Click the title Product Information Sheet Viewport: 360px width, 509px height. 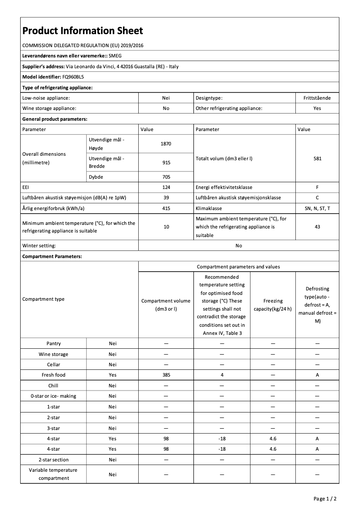[83, 31]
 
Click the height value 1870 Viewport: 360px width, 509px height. [166, 144]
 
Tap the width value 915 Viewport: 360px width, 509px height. [166, 163]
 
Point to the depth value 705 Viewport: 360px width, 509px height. [166, 177]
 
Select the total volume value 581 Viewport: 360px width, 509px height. [317, 158]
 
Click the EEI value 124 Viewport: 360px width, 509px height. [166, 187]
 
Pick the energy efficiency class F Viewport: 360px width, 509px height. [317, 187]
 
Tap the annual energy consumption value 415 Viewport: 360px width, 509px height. [166, 209]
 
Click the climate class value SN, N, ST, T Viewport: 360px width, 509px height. [317, 209]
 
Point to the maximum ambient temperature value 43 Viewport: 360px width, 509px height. [317, 227]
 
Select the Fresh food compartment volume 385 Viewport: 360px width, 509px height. [166, 375]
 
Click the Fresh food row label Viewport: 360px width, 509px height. [53, 375]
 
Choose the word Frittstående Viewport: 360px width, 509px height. [317, 97]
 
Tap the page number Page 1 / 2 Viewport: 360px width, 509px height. [325, 499]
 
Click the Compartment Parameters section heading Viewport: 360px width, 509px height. [52, 256]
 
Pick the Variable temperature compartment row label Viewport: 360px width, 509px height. [53, 474]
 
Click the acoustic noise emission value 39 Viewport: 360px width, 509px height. [166, 198]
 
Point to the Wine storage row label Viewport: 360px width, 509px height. [53, 354]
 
